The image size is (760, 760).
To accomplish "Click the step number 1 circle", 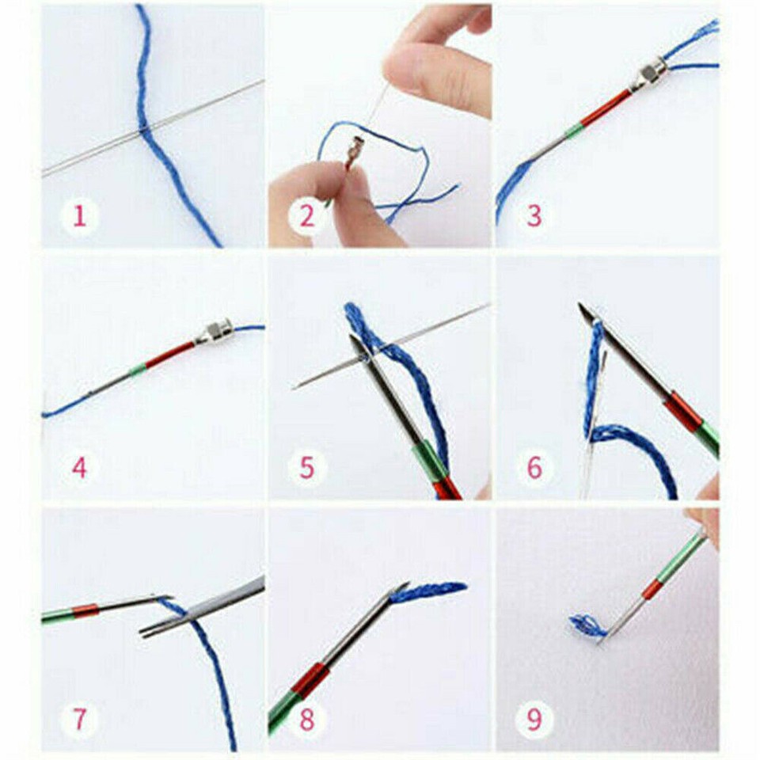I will point(79,215).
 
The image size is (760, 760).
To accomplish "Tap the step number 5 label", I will point(306,468).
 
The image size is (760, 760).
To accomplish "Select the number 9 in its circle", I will point(534,720).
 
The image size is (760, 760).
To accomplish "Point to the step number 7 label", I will point(79,720).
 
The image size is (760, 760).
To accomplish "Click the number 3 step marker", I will point(534,215).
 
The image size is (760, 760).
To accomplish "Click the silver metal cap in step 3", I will point(652,74).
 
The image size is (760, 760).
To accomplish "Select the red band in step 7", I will point(85,611).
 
